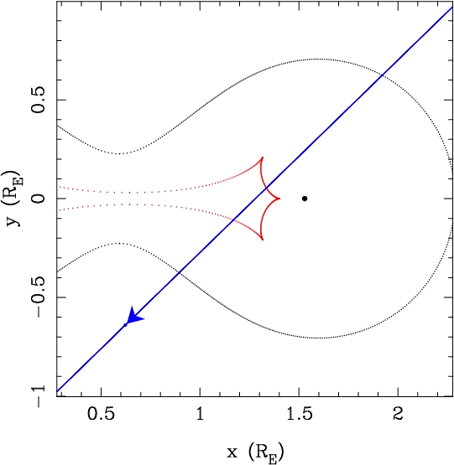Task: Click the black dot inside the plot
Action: click(x=305, y=199)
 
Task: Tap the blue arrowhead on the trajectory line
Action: click(x=134, y=317)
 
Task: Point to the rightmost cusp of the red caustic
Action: click(x=279, y=199)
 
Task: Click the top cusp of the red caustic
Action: click(x=263, y=158)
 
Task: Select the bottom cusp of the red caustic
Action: click(x=263, y=239)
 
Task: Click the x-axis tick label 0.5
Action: click(x=101, y=414)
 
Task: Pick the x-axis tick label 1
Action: click(x=201, y=414)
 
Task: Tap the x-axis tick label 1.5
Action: click(x=299, y=414)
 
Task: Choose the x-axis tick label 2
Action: click(x=398, y=414)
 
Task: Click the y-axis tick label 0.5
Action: click(x=39, y=100)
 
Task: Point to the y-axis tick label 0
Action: click(x=39, y=199)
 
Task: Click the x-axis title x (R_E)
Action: click(x=255, y=452)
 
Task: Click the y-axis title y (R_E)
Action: click(x=14, y=199)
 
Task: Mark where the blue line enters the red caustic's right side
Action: click(x=266, y=188)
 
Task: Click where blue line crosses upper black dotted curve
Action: click(x=382, y=75)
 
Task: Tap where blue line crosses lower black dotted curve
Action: click(x=179, y=272)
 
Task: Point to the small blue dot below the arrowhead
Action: click(x=125, y=325)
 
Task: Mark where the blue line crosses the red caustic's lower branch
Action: click(x=234, y=220)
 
